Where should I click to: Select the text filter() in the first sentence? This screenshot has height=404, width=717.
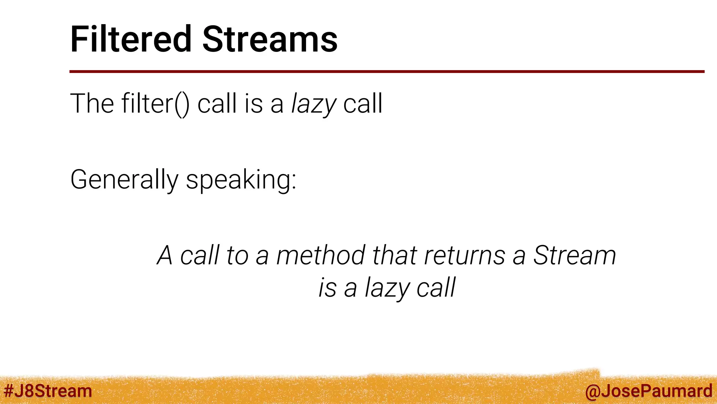pos(155,104)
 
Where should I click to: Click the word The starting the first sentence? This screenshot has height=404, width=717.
pos(92,104)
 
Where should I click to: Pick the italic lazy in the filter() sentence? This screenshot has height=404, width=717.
pos(314,105)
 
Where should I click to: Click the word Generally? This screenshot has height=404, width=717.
pos(124,180)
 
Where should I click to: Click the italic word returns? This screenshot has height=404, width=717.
pos(465,255)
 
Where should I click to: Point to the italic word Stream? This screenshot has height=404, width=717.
pos(574,255)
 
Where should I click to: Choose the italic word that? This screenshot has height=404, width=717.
pos(395,255)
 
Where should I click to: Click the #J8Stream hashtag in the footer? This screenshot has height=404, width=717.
pos(48,391)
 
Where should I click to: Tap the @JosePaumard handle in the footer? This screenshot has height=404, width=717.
pos(648,391)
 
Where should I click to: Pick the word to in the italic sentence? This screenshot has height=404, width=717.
pos(237,255)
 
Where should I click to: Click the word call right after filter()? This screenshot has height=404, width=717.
pos(217,104)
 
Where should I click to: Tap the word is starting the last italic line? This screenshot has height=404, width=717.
pos(327,288)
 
